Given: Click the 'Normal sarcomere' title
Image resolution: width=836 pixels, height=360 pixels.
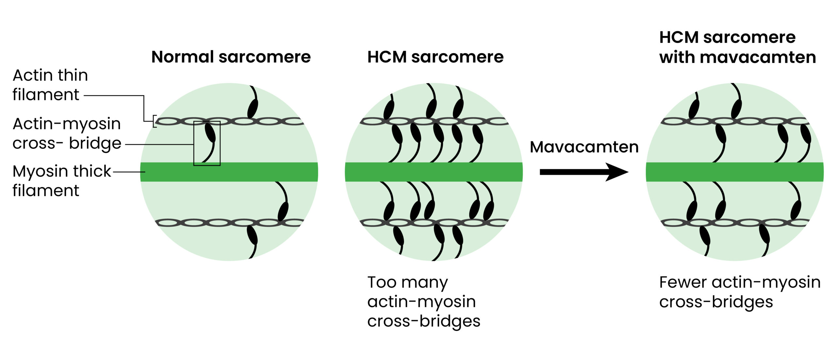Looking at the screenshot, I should (231, 57).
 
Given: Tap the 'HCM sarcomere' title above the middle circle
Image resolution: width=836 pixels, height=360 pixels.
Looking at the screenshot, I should (435, 57).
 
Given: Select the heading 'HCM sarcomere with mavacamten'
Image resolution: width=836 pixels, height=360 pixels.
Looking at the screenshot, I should (737, 47).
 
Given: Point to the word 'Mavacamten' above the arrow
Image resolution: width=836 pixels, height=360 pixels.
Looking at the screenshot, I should (584, 147).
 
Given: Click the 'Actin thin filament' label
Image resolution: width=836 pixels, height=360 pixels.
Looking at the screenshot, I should (50, 85).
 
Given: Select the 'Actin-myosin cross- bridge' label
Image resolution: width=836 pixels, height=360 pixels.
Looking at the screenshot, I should (67, 133).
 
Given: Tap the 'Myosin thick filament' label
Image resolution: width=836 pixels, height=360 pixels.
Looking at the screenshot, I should (62, 180).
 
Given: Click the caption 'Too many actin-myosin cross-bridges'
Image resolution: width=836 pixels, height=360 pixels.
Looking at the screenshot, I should (424, 301).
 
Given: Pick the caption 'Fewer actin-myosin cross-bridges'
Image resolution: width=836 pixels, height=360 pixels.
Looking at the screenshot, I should (740, 292).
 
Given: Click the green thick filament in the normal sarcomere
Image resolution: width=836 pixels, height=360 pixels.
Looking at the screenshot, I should (229, 172).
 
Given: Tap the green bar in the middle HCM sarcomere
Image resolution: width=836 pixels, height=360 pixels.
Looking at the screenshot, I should (434, 172).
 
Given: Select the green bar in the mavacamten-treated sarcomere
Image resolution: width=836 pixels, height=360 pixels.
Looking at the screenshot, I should (734, 172).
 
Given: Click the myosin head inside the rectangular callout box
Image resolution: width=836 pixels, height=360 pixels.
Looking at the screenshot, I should (210, 132).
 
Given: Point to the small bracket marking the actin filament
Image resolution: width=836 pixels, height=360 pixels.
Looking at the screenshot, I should (155, 121).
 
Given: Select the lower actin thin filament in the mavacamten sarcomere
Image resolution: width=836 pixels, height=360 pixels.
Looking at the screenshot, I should (734, 223).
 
